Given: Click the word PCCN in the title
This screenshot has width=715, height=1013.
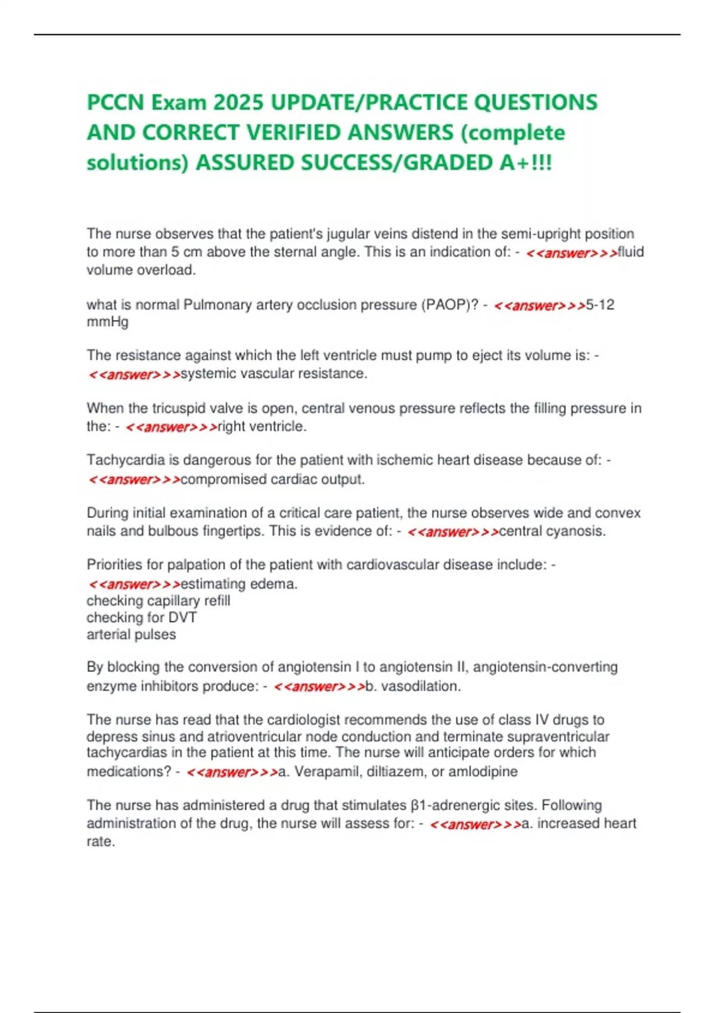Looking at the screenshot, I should point(116,102).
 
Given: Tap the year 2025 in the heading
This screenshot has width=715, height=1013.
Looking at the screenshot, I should point(238,102).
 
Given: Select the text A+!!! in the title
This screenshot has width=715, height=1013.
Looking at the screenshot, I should point(526,163).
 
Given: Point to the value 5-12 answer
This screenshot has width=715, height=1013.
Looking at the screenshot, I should point(600,305).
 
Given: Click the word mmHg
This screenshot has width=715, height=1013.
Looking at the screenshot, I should point(107,322).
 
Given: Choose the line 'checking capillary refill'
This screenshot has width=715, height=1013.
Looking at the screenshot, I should point(158,601).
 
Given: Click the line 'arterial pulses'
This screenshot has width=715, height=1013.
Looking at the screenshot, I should point(131,634).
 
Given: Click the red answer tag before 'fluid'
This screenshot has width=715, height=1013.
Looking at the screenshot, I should point(571,253).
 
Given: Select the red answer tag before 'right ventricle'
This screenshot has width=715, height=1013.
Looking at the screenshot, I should point(172,427).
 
